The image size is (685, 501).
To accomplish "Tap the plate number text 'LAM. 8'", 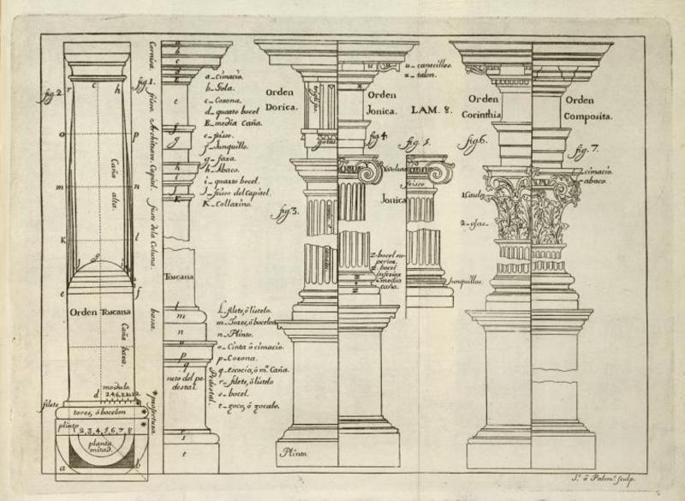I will [429, 110].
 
